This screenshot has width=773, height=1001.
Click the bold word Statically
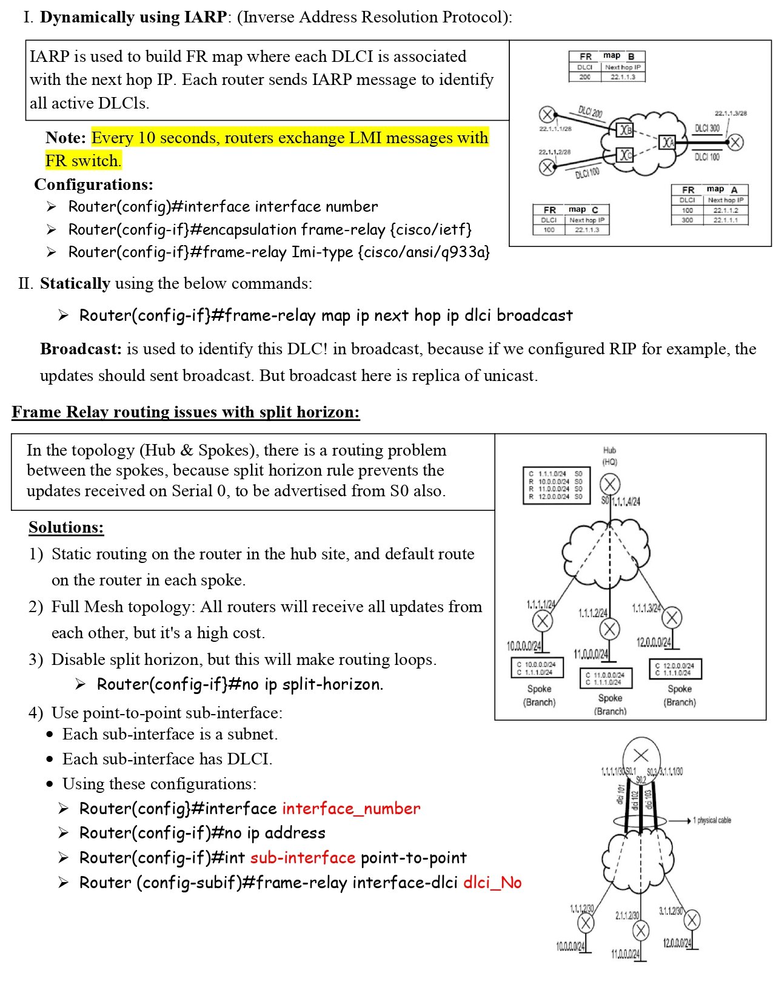point(75,283)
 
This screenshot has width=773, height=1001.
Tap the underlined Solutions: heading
point(66,527)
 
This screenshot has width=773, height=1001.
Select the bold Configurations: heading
point(93,184)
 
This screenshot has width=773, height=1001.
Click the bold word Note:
point(65,138)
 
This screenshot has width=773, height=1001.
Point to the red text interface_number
point(351,809)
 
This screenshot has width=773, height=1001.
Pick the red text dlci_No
point(492,883)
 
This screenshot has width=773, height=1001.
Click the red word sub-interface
point(303,858)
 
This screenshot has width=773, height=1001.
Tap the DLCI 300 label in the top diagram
point(707,129)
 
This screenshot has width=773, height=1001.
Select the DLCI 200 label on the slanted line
point(590,112)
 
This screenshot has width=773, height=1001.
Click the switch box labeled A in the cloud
point(667,143)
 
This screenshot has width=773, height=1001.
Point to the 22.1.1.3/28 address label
point(731,113)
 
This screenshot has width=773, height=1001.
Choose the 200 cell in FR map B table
point(584,77)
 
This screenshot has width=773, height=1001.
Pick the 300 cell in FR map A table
point(687,220)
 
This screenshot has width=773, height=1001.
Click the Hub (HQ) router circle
point(609,485)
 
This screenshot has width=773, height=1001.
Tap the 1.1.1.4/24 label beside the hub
point(626,502)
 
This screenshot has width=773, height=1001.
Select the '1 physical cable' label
point(712,821)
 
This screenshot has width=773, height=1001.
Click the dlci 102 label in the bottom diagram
point(635,800)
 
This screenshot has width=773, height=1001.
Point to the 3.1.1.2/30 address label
point(671,911)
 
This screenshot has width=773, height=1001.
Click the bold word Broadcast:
point(81,349)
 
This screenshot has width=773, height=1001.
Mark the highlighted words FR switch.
point(83,161)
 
